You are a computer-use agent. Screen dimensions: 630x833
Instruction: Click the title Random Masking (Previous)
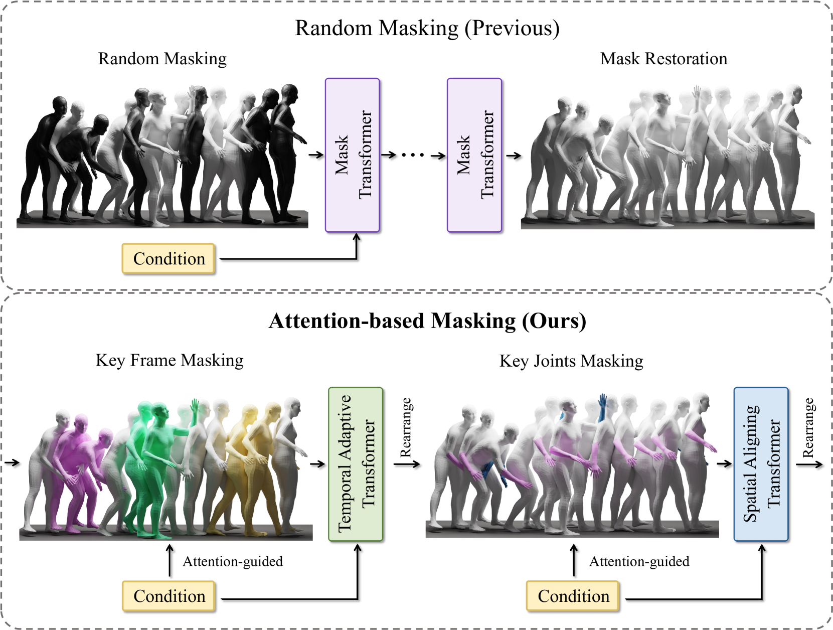coord(427,28)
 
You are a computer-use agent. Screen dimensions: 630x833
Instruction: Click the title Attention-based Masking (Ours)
coord(427,321)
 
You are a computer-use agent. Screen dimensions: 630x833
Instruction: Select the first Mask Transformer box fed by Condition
coord(353,155)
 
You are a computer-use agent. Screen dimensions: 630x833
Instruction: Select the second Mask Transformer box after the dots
coord(474,155)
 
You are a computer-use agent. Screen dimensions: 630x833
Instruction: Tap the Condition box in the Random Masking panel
coord(169,259)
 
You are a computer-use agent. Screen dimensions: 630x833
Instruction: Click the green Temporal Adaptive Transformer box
coord(356,464)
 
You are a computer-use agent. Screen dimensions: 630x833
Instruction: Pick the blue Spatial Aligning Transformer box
coord(761,464)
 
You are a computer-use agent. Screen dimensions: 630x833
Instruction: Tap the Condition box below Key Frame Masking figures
coord(169,596)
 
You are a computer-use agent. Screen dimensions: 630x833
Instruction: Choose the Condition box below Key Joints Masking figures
coord(573,596)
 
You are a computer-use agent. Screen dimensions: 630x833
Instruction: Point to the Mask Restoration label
coord(663,59)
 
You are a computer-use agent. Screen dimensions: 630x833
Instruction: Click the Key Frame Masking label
coord(170,360)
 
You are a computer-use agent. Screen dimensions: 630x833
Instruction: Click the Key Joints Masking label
coord(571,361)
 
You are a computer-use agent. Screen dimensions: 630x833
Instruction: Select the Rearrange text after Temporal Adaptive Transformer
coord(406,427)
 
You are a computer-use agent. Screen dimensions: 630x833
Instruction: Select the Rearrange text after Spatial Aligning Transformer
coord(808,427)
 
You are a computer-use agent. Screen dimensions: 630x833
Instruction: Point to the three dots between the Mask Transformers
coord(413,155)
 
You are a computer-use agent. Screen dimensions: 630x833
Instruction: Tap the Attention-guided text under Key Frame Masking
coord(232,561)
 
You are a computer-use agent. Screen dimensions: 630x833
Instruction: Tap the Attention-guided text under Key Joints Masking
coord(639,561)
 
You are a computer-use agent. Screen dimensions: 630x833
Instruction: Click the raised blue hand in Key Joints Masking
coord(603,401)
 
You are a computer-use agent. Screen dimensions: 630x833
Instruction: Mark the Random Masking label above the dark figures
coord(162,59)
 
